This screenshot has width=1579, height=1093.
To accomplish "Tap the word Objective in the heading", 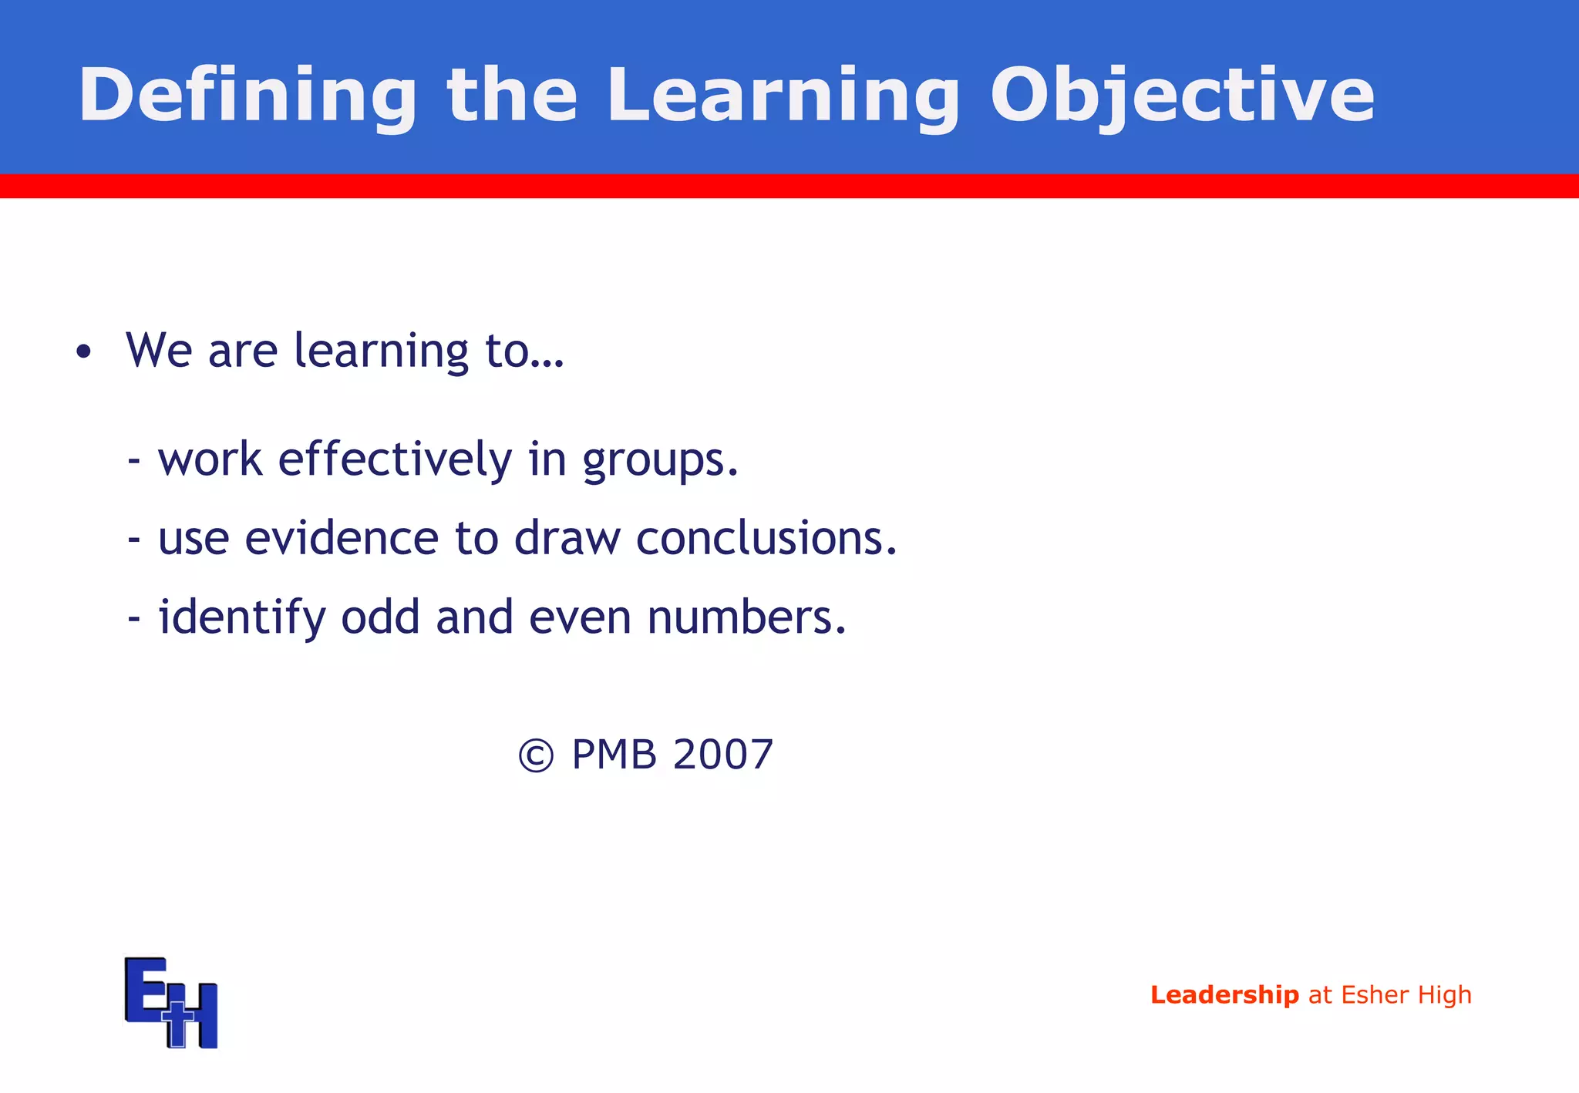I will click(x=1182, y=96).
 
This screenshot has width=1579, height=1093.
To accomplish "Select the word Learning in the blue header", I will click(x=783, y=96).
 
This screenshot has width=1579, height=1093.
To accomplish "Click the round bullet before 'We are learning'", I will click(x=83, y=353).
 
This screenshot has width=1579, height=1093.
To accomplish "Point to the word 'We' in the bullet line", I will click(x=159, y=351).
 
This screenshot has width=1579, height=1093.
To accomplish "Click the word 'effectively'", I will click(x=395, y=460).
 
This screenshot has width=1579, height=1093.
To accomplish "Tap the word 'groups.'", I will click(x=660, y=460).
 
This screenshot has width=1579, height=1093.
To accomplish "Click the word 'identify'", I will click(x=242, y=618).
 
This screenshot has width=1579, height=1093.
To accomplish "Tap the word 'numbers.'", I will click(x=746, y=618).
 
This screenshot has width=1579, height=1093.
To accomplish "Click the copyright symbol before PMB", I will click(x=536, y=755).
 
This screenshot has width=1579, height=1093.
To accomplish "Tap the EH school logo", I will click(x=171, y=1002).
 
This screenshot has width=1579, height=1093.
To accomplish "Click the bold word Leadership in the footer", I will click(x=1224, y=995).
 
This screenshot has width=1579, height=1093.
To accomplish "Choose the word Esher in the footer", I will click(x=1375, y=995).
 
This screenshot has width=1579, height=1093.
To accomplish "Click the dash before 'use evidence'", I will click(x=134, y=540).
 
